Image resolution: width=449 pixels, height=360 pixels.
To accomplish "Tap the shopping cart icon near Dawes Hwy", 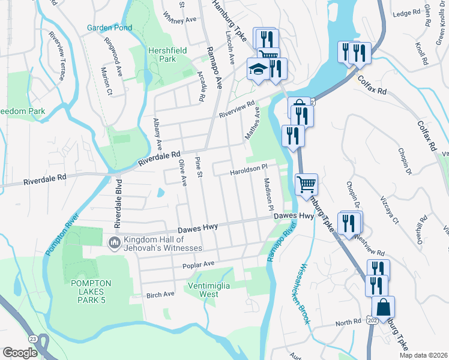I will click(x=306, y=185).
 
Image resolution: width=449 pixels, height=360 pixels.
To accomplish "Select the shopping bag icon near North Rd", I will click(x=383, y=307).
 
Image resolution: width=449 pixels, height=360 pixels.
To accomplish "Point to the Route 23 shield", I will click(x=31, y=340).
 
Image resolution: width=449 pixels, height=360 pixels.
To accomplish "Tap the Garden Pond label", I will click(x=109, y=28).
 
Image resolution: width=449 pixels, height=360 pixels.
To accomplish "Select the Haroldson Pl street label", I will click(x=249, y=172).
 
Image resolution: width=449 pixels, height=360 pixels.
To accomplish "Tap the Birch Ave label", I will click(x=160, y=295).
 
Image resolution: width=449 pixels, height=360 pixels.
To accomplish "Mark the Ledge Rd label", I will click(x=406, y=13).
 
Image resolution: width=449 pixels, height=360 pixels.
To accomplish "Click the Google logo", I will click(x=20, y=353).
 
